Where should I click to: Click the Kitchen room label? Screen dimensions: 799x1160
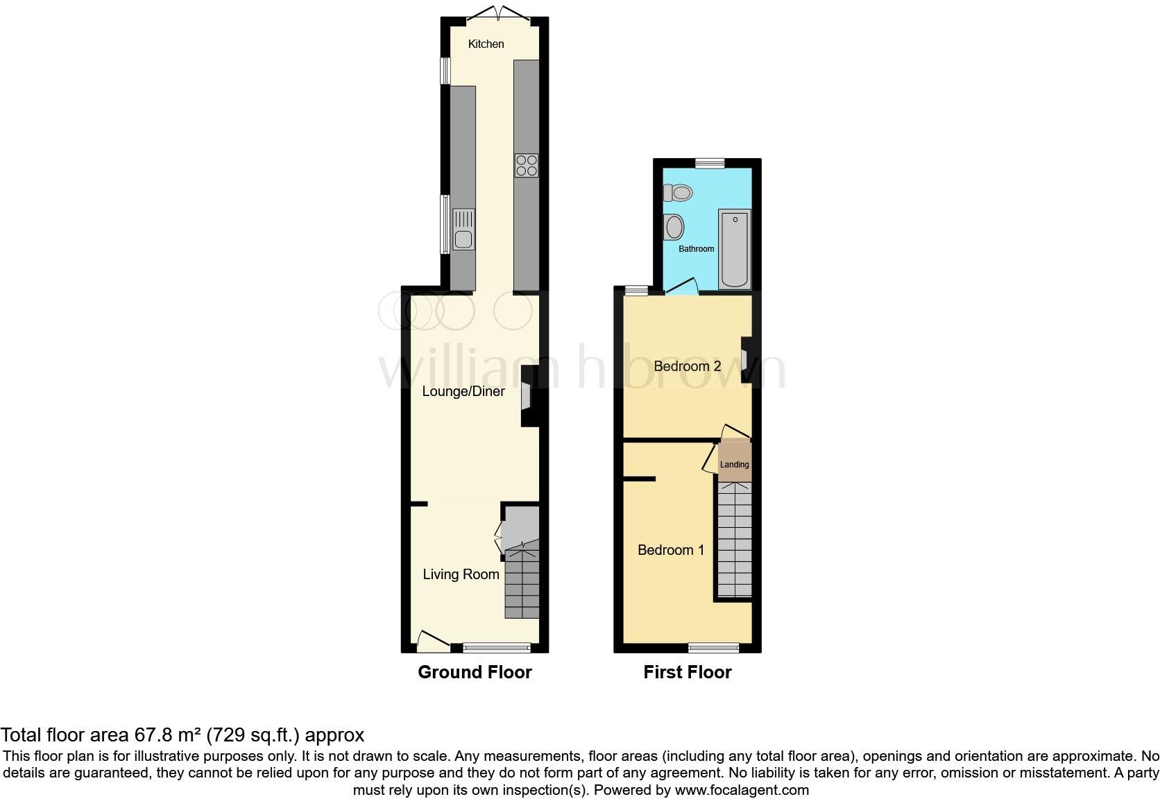[x=486, y=44]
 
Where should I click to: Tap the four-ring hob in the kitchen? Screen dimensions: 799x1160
[x=527, y=165]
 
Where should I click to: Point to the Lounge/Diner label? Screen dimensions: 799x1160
[x=463, y=392]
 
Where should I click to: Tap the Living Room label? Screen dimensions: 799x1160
[x=461, y=574]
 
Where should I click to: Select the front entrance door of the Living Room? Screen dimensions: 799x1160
[x=432, y=642]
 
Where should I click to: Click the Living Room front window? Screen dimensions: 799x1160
[x=497, y=648]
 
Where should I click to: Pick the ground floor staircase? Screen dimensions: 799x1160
[x=522, y=581]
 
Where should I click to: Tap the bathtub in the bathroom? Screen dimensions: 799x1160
[x=735, y=249]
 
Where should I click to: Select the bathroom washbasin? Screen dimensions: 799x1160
[x=673, y=226]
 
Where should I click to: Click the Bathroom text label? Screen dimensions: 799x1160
[x=696, y=249]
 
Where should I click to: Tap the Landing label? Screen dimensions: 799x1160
[x=734, y=465]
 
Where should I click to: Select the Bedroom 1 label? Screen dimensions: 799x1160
[x=671, y=550]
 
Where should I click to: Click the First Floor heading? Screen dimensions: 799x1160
[x=687, y=672]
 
